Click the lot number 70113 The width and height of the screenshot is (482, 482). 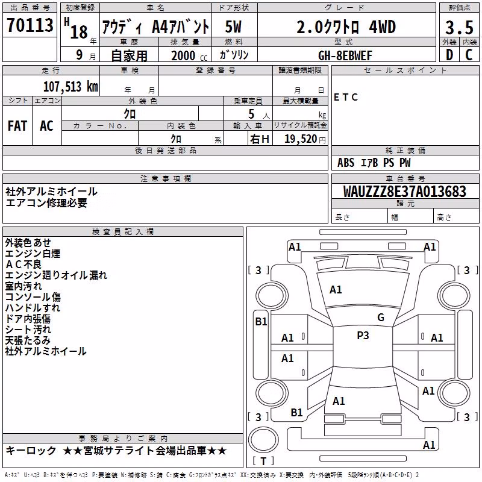(x=30, y=25)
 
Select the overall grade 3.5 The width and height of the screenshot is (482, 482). (x=459, y=27)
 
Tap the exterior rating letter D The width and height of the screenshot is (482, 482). (x=449, y=55)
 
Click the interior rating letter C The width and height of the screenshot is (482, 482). (x=469, y=55)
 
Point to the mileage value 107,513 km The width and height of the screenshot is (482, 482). (x=70, y=87)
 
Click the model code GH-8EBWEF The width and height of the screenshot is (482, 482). (x=345, y=55)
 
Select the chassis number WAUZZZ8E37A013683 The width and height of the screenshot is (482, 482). (x=405, y=192)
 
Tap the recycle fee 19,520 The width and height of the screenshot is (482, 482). (x=301, y=139)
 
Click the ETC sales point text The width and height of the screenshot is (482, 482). (x=346, y=98)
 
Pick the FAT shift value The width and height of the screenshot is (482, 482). (x=17, y=126)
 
